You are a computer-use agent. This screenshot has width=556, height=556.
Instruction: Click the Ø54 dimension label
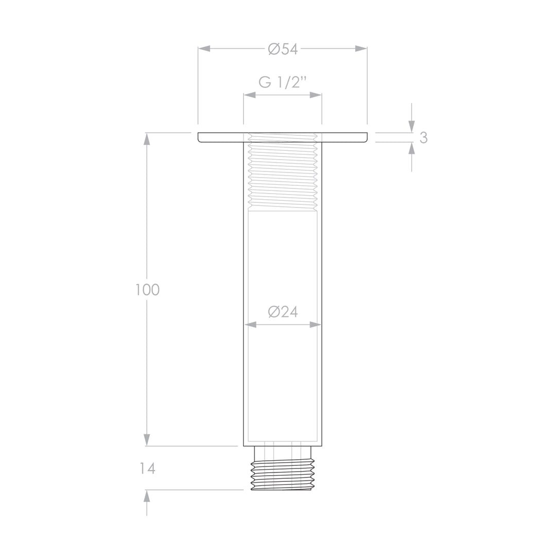(283, 49)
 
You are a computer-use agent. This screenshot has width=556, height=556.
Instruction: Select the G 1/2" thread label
(283, 82)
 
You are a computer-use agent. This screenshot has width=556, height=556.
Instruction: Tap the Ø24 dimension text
(283, 312)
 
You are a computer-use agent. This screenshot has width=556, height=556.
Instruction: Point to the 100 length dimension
(147, 290)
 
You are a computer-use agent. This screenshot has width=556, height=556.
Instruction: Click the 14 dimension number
(147, 468)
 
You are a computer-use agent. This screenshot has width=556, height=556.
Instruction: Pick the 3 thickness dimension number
(423, 137)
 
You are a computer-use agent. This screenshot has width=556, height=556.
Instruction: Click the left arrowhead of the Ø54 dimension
(204, 48)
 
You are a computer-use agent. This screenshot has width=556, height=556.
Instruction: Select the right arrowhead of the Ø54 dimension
(361, 48)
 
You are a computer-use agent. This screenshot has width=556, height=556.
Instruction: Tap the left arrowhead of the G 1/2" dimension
(250, 95)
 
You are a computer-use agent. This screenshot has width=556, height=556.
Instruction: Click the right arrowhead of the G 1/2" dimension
(316, 95)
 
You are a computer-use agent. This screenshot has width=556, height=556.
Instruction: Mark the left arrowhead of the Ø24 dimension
(250, 325)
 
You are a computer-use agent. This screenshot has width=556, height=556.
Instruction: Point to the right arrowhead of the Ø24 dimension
(315, 325)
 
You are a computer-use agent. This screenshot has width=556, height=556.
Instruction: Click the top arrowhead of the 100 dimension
(147, 139)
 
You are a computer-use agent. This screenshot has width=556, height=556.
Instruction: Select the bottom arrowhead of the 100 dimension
(147, 440)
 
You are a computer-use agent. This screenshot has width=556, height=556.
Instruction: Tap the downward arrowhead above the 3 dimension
(411, 126)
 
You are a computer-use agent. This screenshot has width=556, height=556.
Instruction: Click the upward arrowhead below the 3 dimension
(411, 149)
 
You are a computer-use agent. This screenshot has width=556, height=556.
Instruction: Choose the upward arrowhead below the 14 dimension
(147, 496)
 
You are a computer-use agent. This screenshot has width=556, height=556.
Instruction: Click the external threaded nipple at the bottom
(282, 474)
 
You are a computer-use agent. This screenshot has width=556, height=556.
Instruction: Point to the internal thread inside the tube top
(282, 172)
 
